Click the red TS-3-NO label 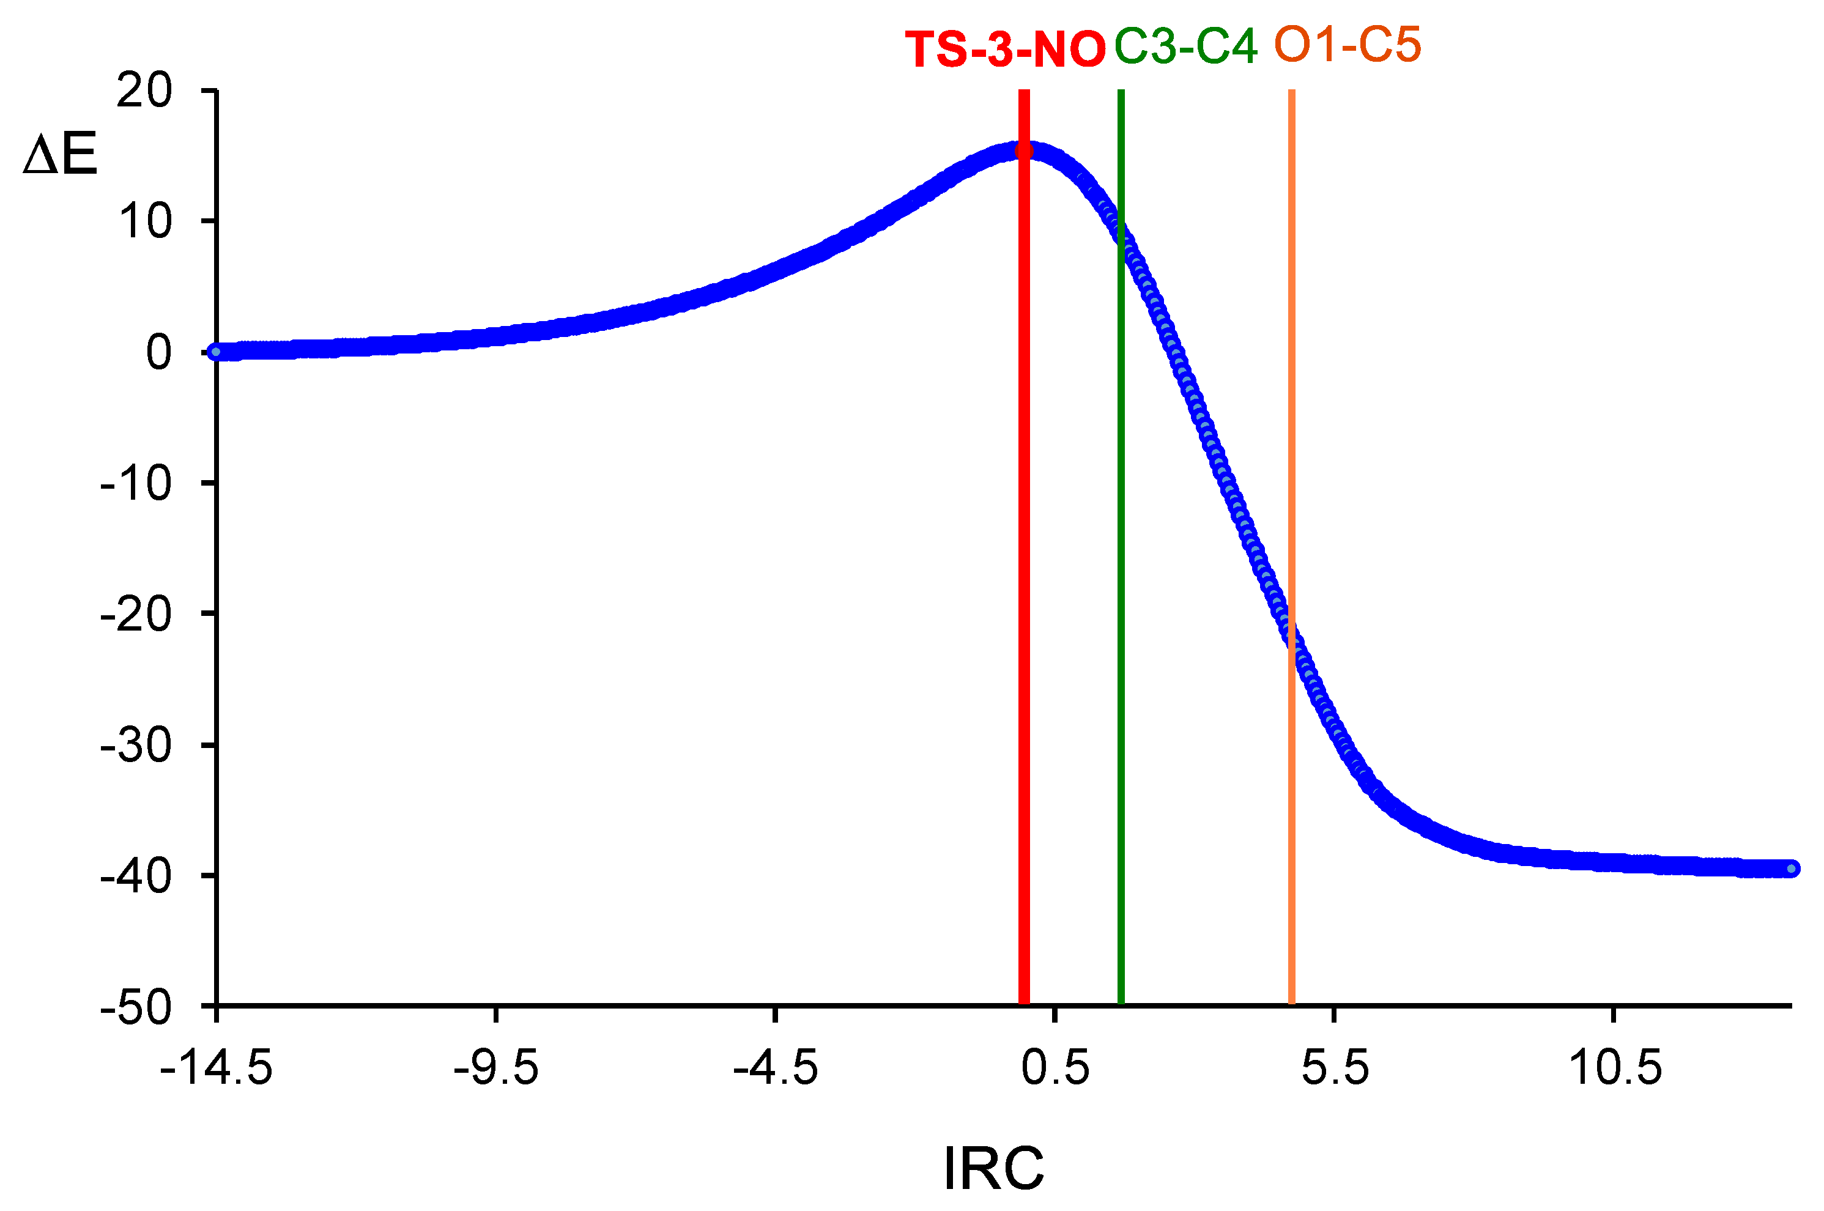tap(1004, 50)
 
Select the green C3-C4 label tap(1185, 46)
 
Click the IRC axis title tap(994, 1169)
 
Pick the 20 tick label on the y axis tap(144, 91)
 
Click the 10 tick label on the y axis tap(144, 221)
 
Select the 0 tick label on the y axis tap(158, 353)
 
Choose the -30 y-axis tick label tap(136, 746)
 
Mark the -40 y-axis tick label tap(136, 876)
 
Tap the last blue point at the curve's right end tap(1792, 869)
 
